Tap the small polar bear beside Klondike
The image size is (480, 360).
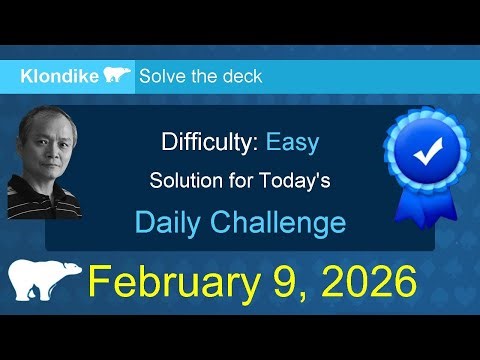(x=116, y=76)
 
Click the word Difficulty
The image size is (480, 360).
(x=209, y=142)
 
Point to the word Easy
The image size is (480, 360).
(x=292, y=142)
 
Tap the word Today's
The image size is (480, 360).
(x=295, y=182)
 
